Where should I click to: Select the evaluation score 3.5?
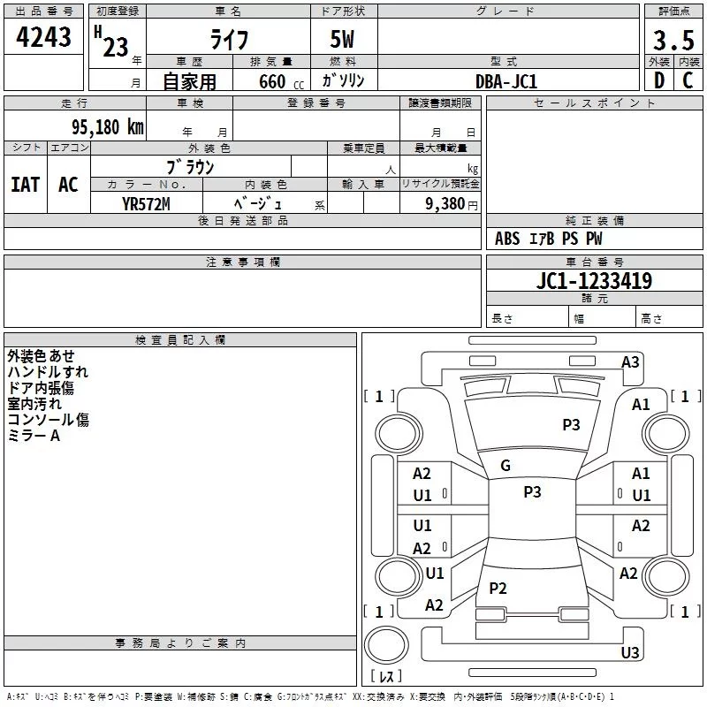point(673,40)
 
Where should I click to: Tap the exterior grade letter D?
point(658,80)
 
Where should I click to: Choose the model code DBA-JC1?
point(506,81)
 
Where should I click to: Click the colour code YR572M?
point(146,203)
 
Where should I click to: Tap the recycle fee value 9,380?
point(440,203)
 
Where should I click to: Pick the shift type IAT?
point(25,185)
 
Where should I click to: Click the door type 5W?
point(343,41)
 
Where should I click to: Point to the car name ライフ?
point(228,41)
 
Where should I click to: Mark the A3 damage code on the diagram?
point(630,362)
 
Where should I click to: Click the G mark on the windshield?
point(506,466)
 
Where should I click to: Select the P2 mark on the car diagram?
point(498,589)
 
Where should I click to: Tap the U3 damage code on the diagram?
point(629,653)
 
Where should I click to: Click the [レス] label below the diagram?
point(385,676)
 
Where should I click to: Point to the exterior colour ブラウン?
point(190,166)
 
